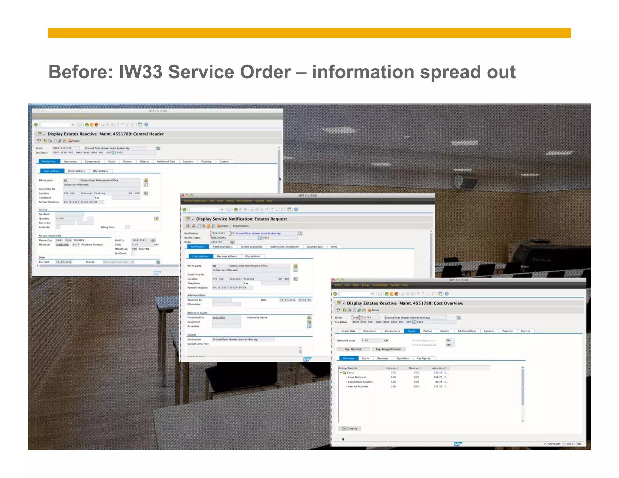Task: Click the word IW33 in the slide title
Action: point(141,72)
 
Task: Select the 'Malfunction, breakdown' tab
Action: point(284,247)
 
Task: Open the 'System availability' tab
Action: point(251,247)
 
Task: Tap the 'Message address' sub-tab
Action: point(227,256)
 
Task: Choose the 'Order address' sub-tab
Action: point(76,171)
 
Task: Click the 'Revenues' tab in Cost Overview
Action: point(382,358)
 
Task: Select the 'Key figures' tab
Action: point(423,358)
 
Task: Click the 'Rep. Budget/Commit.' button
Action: point(388,349)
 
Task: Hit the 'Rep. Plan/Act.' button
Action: point(353,349)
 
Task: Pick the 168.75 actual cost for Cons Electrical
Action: point(438,377)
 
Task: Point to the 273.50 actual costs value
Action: point(438,386)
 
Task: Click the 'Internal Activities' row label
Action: point(358,386)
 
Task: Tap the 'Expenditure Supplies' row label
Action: point(360,382)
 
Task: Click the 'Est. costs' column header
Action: point(392,368)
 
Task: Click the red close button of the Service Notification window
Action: point(183,196)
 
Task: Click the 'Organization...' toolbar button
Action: point(241,226)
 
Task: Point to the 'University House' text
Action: point(257,318)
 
